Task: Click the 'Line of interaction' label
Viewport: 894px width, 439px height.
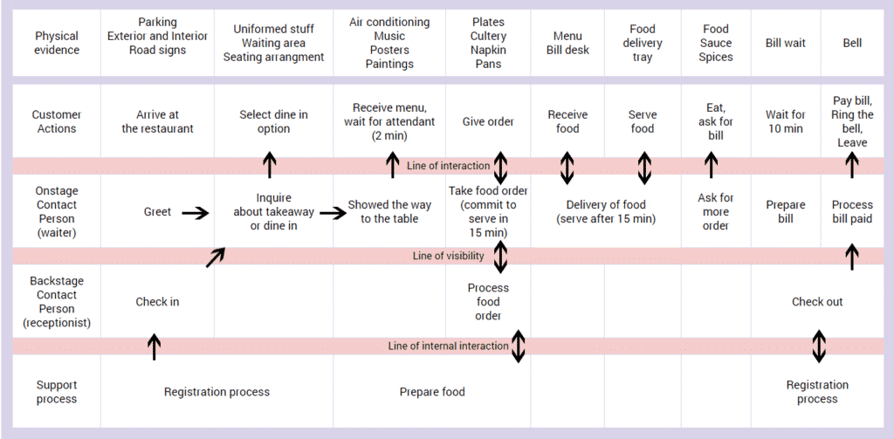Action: [x=447, y=166]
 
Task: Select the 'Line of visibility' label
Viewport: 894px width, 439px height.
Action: [x=447, y=256]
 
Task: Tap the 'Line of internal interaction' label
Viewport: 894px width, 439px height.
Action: [x=448, y=346]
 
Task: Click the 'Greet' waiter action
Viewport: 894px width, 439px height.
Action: [x=157, y=212]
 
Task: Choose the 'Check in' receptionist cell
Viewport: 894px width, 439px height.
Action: [x=157, y=302]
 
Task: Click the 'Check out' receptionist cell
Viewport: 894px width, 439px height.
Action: [x=817, y=302]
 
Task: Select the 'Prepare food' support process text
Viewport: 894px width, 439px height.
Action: [x=432, y=392]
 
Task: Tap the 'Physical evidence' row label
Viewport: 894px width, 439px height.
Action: [x=57, y=43]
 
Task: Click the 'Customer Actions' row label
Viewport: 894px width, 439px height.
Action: [x=57, y=121]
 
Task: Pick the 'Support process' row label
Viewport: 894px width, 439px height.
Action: [x=57, y=392]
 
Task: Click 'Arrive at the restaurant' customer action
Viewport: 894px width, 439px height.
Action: [x=157, y=121]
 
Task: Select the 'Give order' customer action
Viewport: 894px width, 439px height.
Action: [x=488, y=121]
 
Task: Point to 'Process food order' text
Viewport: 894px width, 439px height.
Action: [x=488, y=302]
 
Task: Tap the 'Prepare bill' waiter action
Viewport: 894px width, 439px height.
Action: [x=786, y=212]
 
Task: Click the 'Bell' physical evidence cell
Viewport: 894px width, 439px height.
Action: [x=852, y=43]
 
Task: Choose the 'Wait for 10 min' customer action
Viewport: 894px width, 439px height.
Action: [x=786, y=121]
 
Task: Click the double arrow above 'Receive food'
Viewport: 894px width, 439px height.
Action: [x=567, y=168]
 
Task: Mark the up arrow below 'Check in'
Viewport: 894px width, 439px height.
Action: [x=155, y=346]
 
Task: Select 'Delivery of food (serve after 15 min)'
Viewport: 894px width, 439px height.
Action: [x=605, y=212]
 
